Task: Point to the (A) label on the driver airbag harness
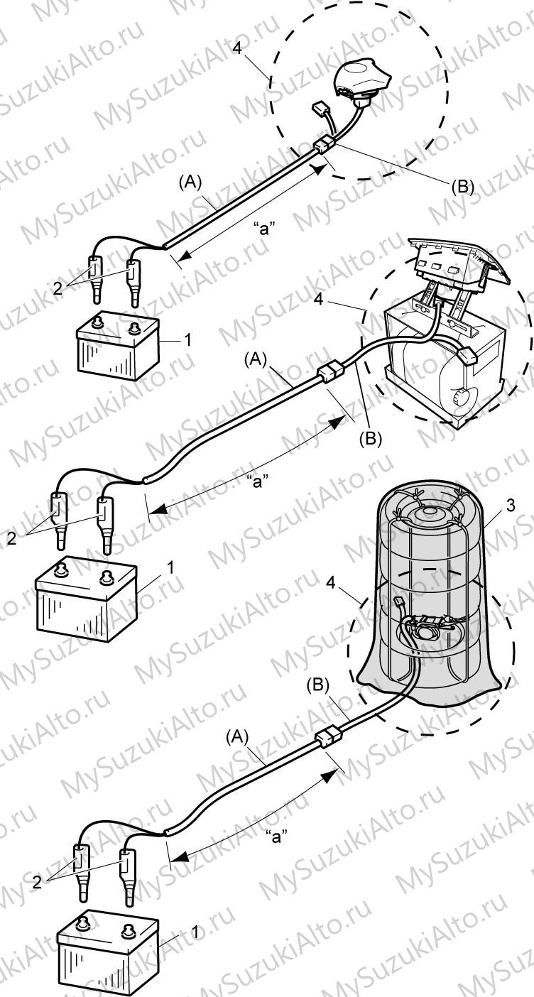190,181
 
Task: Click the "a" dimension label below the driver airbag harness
263,229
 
